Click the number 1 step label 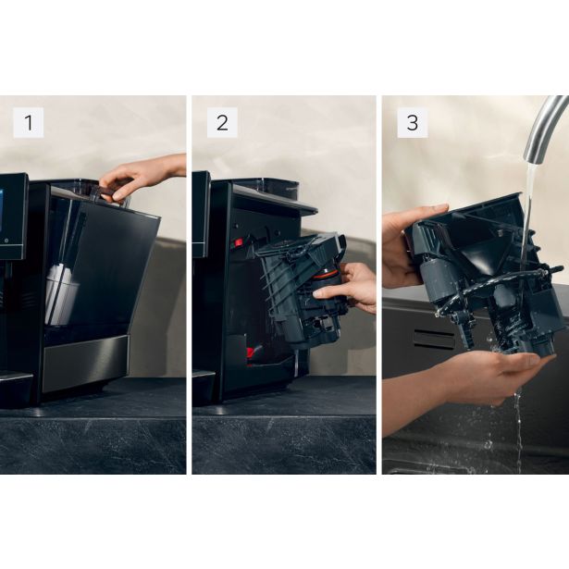(x=28, y=122)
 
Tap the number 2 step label (x=221, y=122)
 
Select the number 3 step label (x=413, y=122)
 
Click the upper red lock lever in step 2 (x=238, y=243)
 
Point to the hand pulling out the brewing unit (x=350, y=289)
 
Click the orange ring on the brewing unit (x=325, y=273)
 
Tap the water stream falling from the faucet (x=529, y=199)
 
